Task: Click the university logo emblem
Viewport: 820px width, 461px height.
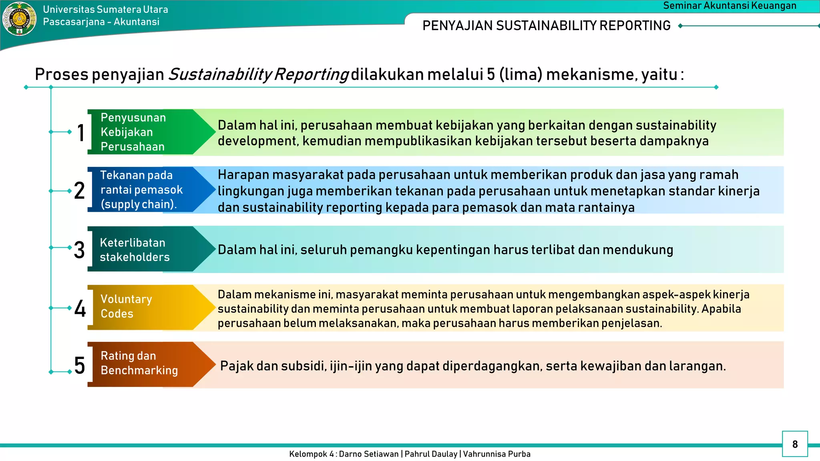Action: tap(19, 18)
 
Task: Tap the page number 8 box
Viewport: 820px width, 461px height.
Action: tap(795, 444)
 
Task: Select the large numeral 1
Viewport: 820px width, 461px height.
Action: tap(81, 133)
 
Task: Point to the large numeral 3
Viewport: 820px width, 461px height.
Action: tap(79, 250)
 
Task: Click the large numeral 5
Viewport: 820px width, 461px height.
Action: tap(80, 366)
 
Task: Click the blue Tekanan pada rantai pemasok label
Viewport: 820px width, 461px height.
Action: tap(141, 190)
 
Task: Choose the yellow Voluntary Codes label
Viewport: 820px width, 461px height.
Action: tap(127, 307)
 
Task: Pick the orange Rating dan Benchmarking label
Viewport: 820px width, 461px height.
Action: tap(139, 363)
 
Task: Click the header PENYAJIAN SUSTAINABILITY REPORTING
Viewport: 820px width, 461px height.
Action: tap(546, 26)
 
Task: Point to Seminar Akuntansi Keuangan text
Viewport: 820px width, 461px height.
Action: tap(730, 6)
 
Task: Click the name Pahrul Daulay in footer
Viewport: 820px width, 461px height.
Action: tap(431, 454)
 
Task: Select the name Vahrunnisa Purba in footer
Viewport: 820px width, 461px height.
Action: tap(496, 454)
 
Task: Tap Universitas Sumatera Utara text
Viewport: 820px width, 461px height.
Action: tap(105, 9)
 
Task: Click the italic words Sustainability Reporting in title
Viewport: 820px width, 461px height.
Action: tap(258, 75)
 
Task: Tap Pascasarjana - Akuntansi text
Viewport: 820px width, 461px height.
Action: tap(101, 22)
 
